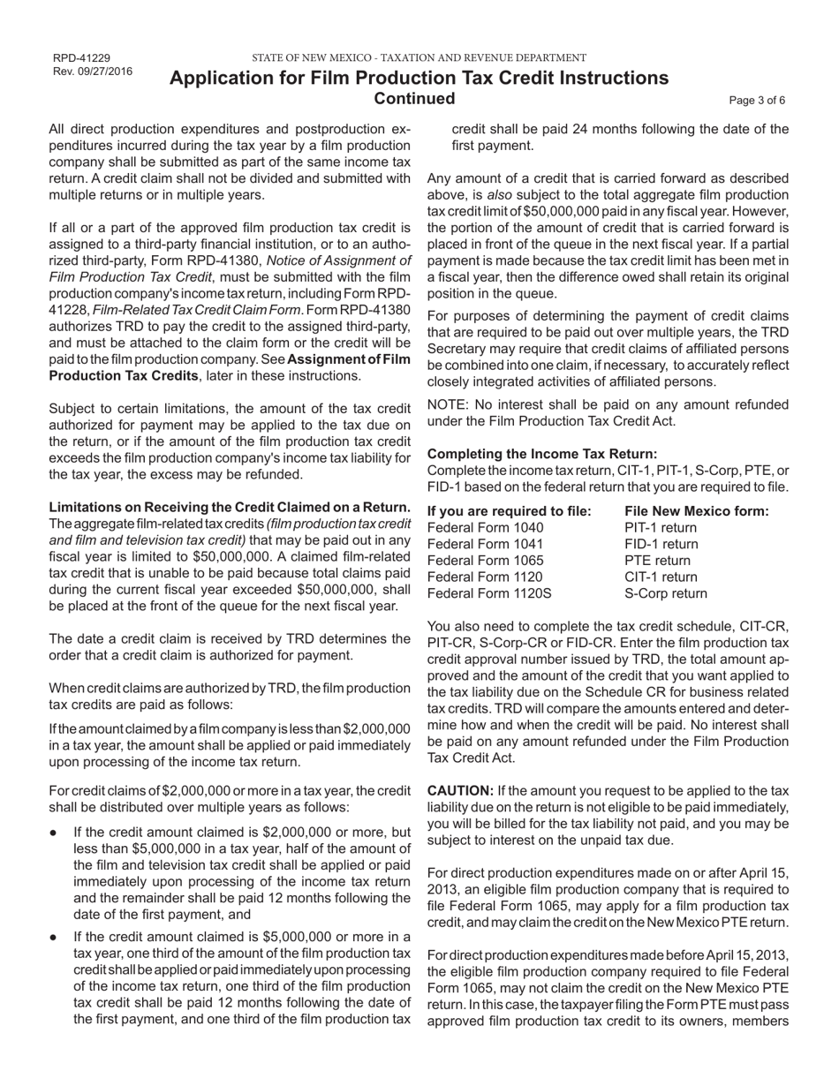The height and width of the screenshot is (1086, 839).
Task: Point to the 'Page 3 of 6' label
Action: coord(757,100)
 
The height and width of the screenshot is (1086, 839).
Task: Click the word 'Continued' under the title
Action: coord(415,98)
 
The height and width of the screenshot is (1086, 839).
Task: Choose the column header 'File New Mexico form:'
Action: coord(696,511)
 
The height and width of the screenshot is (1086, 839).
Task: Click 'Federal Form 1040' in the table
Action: coord(486,528)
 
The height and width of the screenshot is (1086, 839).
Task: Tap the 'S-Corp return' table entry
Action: coord(666,593)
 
